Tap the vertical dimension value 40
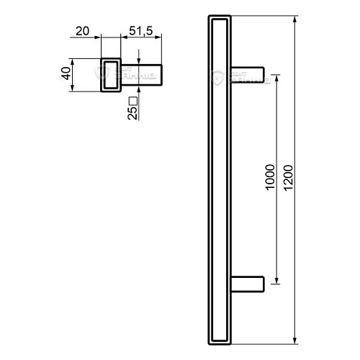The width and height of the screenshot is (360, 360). point(66,74)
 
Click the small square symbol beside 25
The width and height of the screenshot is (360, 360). point(132,100)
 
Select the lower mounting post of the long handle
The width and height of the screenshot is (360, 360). point(250,282)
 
